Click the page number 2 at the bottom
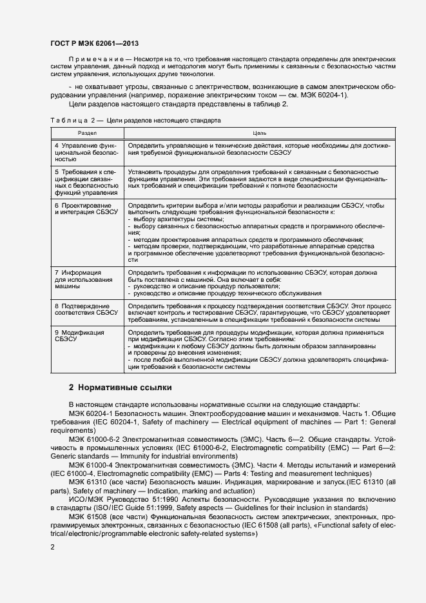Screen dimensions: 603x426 click(x=53, y=547)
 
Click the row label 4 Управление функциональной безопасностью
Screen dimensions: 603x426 click(x=86, y=152)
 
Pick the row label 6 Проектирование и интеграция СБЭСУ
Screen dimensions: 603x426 click(x=86, y=209)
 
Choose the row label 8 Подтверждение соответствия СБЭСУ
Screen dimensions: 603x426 click(x=82, y=309)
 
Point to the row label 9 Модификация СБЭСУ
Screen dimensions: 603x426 click(x=79, y=336)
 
